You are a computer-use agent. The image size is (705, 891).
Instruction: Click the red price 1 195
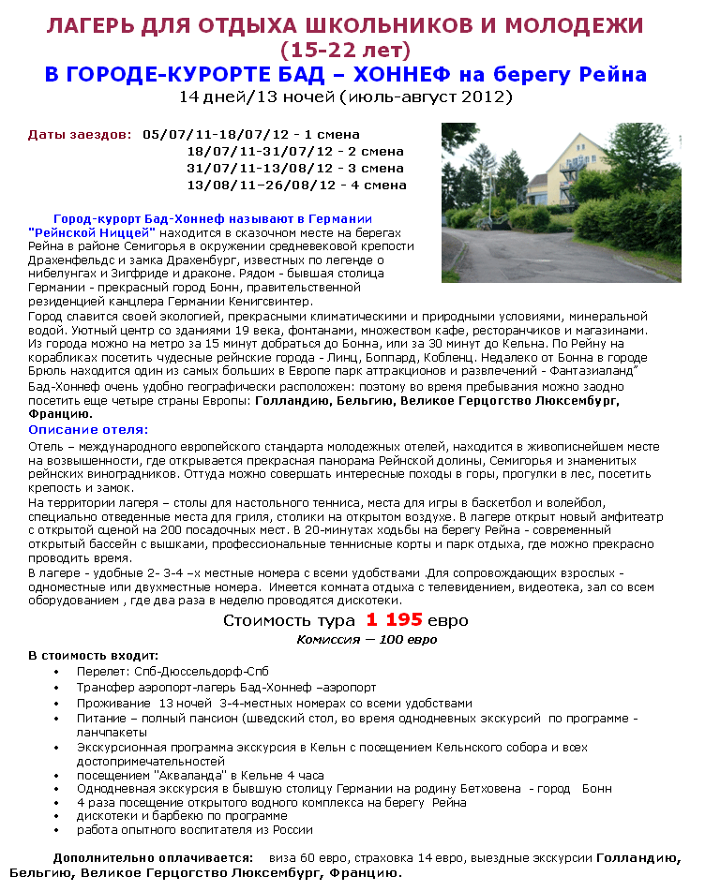(x=387, y=620)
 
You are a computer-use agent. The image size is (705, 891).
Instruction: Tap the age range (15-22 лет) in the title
(x=346, y=50)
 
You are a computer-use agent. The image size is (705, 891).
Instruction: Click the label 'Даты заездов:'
(x=80, y=135)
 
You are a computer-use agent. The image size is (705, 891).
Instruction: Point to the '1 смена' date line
(x=251, y=135)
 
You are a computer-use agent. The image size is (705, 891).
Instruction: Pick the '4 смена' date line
(x=297, y=186)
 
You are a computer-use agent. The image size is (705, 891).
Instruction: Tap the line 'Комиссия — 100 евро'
(x=367, y=639)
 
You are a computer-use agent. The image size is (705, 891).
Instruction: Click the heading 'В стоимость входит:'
(x=93, y=656)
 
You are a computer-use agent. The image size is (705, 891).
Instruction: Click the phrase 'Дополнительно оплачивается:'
(x=153, y=857)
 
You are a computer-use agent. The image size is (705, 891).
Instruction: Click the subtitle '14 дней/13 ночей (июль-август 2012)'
(x=346, y=97)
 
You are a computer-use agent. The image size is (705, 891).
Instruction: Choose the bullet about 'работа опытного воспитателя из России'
(x=195, y=830)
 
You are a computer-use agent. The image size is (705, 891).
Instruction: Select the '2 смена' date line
(x=295, y=152)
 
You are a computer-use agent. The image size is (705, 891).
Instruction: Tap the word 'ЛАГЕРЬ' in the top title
(x=85, y=26)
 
